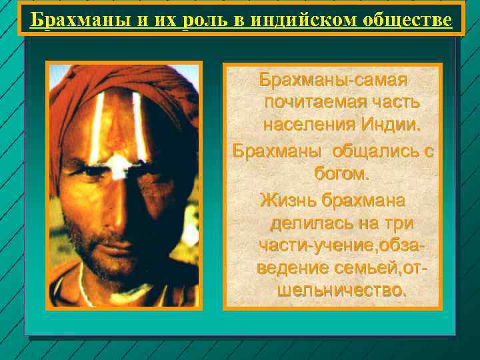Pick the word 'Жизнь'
coord(288,199)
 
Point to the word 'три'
coord(398,223)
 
